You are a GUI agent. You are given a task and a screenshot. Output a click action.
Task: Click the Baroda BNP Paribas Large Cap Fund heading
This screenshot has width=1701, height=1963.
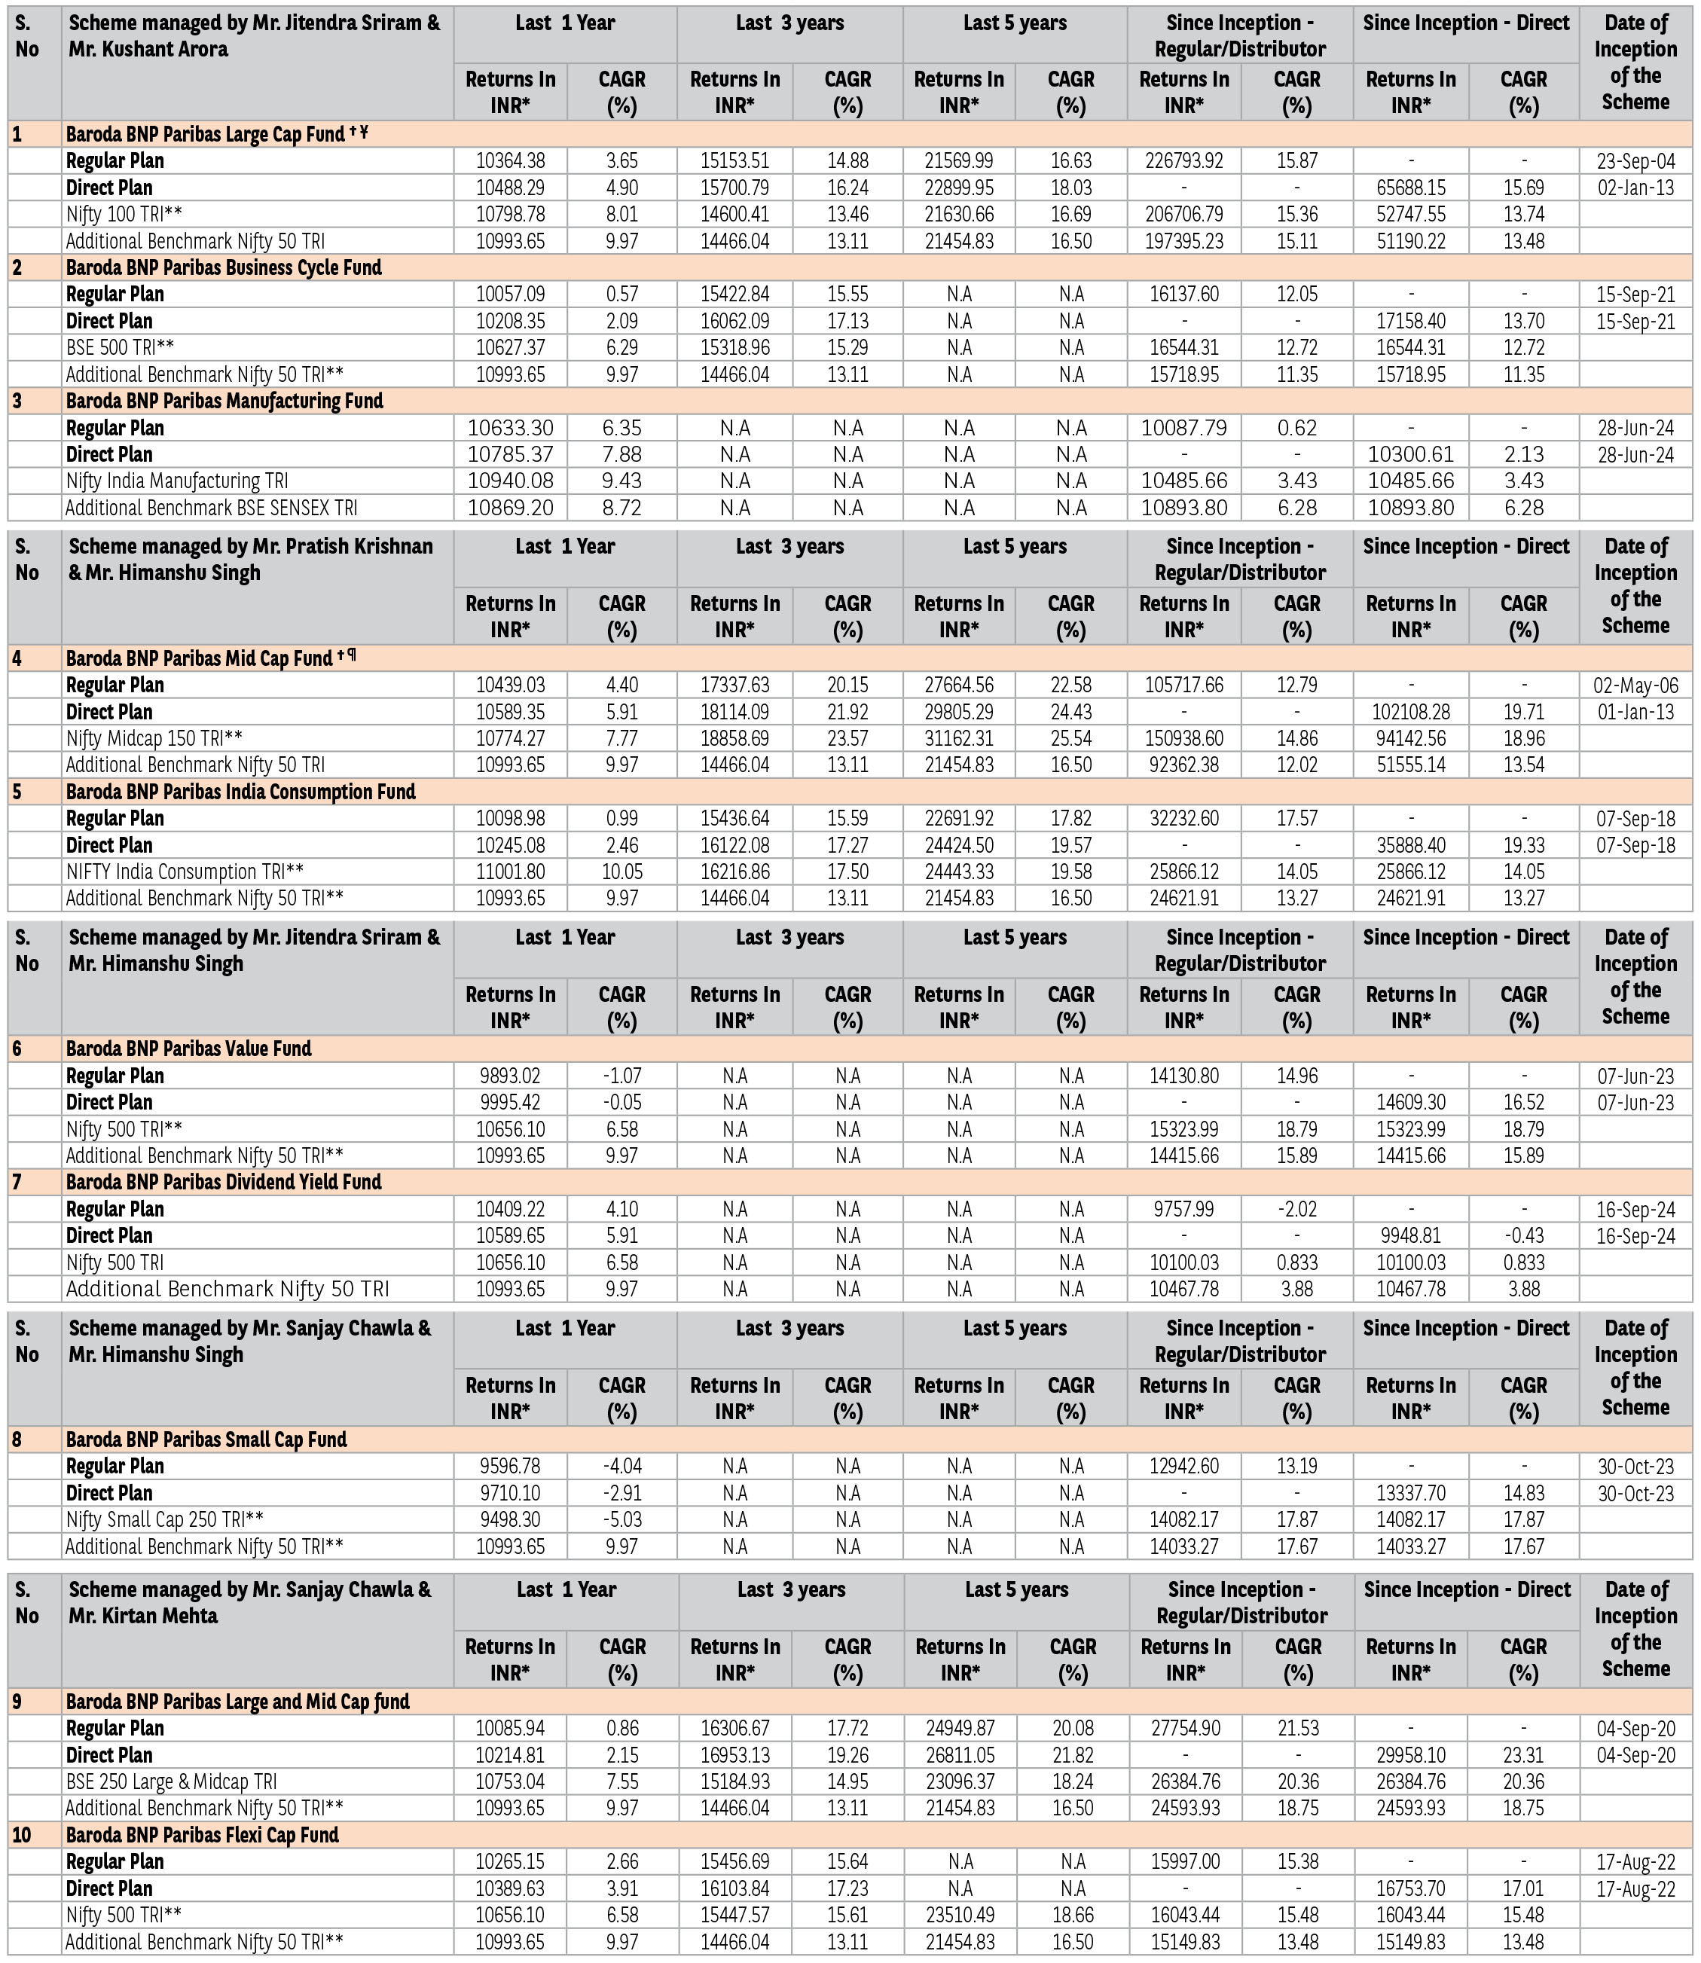tap(206, 134)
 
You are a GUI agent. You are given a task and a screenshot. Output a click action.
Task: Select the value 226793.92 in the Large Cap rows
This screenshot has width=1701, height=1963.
tap(1183, 161)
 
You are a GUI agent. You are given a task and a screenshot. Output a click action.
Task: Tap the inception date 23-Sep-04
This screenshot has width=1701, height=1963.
tap(1635, 161)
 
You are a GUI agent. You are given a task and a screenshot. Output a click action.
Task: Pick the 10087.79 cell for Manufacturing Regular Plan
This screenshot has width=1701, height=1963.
tap(1183, 428)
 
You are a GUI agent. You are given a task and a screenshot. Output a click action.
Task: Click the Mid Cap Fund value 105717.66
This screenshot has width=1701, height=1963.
tap(1183, 685)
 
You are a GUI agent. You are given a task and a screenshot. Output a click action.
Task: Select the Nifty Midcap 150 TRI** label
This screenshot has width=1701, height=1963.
tap(154, 738)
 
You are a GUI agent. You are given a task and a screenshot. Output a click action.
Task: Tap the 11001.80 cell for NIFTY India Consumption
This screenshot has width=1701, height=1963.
tap(511, 872)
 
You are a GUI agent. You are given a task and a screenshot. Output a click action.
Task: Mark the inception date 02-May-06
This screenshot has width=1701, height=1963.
tap(1635, 685)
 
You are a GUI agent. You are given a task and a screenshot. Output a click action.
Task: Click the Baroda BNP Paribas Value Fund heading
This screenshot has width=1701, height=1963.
tap(189, 1048)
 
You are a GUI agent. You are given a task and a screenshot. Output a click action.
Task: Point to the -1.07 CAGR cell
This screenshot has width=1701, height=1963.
tap(621, 1076)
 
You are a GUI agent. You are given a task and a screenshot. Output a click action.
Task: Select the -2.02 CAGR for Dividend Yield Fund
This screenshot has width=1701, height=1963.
tap(1296, 1209)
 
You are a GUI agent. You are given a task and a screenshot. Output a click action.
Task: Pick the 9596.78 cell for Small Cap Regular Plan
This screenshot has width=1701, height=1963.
tap(511, 1467)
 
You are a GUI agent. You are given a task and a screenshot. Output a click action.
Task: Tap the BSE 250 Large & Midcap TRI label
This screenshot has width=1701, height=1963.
tap(172, 1781)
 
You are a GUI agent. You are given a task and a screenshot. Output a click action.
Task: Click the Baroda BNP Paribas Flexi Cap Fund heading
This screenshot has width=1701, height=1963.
tap(202, 1835)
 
